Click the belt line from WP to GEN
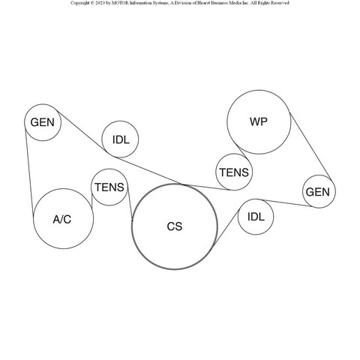tap(310, 146)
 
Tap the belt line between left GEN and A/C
tap(29, 172)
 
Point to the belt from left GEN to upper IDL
tap(81, 130)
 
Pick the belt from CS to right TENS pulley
tap(207, 187)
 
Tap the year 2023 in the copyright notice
tap(100, 3)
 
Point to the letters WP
tap(259, 121)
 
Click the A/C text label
tap(62, 219)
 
